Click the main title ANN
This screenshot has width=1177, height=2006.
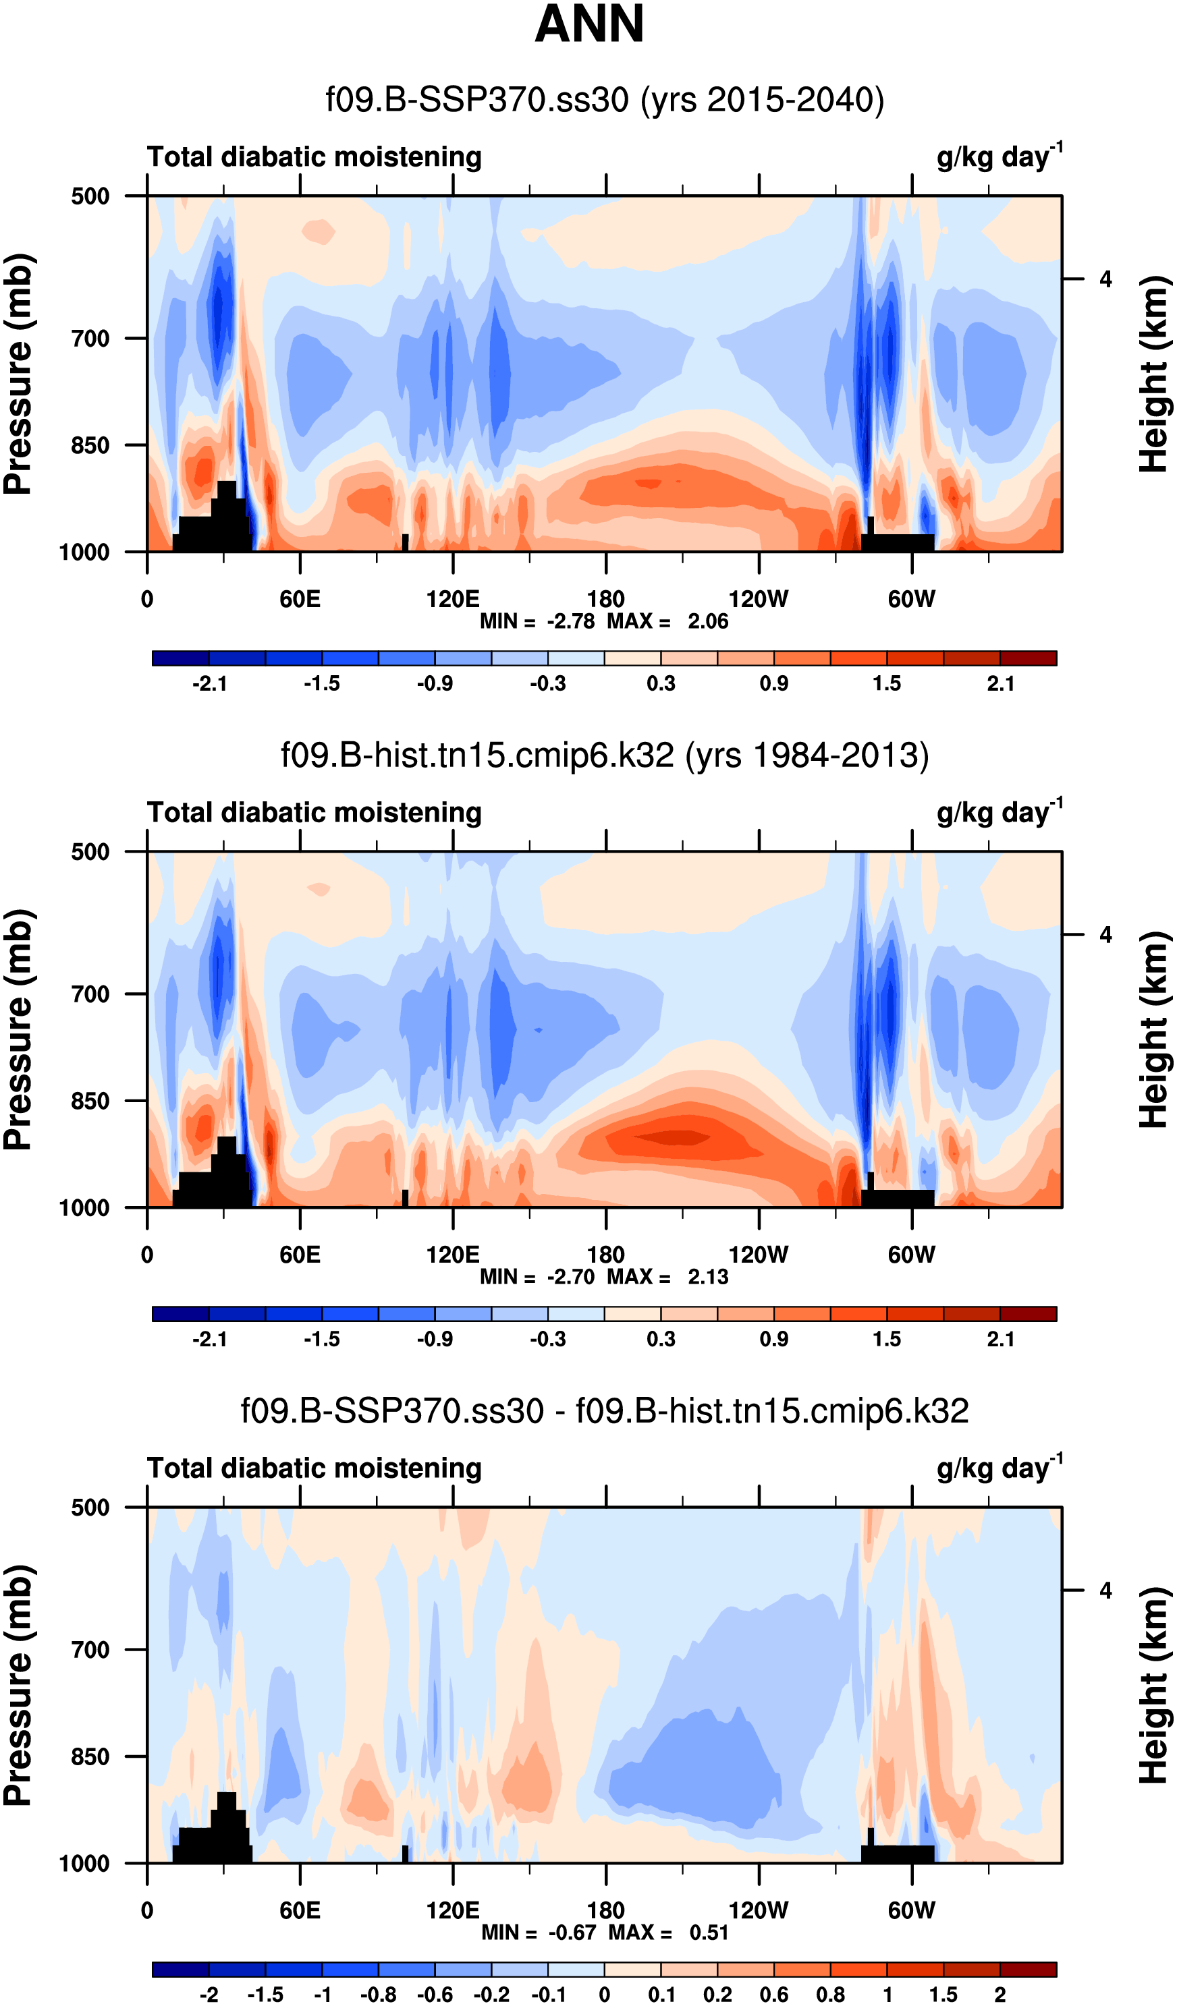tap(588, 24)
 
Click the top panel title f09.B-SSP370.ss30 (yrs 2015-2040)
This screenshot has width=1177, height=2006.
tap(605, 101)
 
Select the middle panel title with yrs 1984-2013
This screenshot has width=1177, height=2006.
tap(605, 755)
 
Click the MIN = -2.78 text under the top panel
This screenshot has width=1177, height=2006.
tap(537, 621)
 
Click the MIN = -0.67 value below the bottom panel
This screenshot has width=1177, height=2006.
tap(539, 1932)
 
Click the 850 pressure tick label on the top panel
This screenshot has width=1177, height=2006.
tap(90, 446)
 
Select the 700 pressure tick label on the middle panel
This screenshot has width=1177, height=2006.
tap(90, 994)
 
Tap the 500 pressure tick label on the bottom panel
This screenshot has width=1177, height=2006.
tap(90, 1508)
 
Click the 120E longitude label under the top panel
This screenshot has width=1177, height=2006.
tap(452, 598)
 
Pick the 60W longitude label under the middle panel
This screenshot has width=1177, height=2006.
tap(911, 1255)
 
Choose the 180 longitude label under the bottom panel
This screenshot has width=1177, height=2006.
tap(605, 1910)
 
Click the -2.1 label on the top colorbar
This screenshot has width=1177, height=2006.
tap(209, 684)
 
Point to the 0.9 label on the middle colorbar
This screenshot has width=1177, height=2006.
tap(773, 1339)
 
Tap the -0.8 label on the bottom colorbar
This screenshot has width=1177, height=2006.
tap(378, 1994)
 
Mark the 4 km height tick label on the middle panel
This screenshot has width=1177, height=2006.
tap(1105, 936)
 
